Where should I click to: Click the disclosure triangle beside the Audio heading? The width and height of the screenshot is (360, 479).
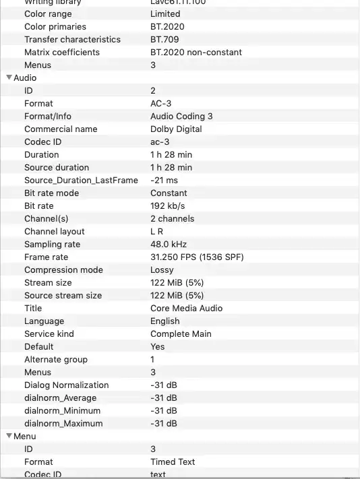[x=9, y=77]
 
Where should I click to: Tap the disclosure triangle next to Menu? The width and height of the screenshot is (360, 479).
[x=9, y=436]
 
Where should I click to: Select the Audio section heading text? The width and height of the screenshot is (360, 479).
[x=25, y=77]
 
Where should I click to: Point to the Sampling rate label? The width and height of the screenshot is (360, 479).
[x=52, y=244]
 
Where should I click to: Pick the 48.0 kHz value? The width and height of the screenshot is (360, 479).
[x=169, y=244]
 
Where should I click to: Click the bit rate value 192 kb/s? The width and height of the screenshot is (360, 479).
[x=167, y=205]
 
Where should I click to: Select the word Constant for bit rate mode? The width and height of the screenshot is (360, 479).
[x=169, y=193]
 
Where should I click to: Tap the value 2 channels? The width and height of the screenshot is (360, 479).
[x=172, y=218]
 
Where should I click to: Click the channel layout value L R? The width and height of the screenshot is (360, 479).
[x=156, y=231]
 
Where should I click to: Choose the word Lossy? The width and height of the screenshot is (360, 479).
[x=162, y=269]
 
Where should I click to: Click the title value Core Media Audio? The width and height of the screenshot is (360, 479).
[x=186, y=308]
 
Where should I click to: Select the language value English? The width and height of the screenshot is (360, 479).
[x=164, y=321]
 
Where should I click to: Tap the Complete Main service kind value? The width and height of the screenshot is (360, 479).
[x=181, y=333]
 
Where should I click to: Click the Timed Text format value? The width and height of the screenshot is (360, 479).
[x=173, y=461]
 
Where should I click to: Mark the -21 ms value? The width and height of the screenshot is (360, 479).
[x=164, y=180]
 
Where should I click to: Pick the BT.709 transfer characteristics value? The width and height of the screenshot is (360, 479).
[x=164, y=39]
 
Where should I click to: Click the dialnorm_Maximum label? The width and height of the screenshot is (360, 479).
[x=63, y=423]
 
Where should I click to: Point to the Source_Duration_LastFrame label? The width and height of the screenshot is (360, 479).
[x=81, y=180]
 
